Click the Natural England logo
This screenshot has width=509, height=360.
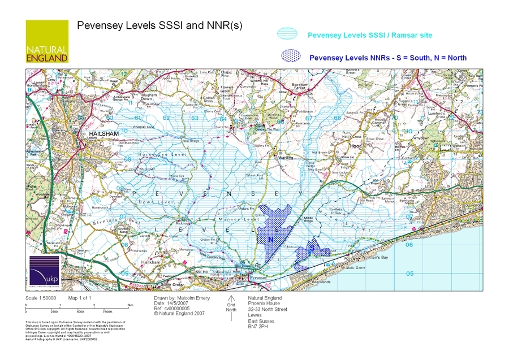tap(47, 41)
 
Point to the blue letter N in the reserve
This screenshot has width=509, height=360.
tap(270, 240)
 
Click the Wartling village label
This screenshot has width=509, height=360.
tap(285, 158)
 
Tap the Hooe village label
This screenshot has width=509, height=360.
tap(356, 146)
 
